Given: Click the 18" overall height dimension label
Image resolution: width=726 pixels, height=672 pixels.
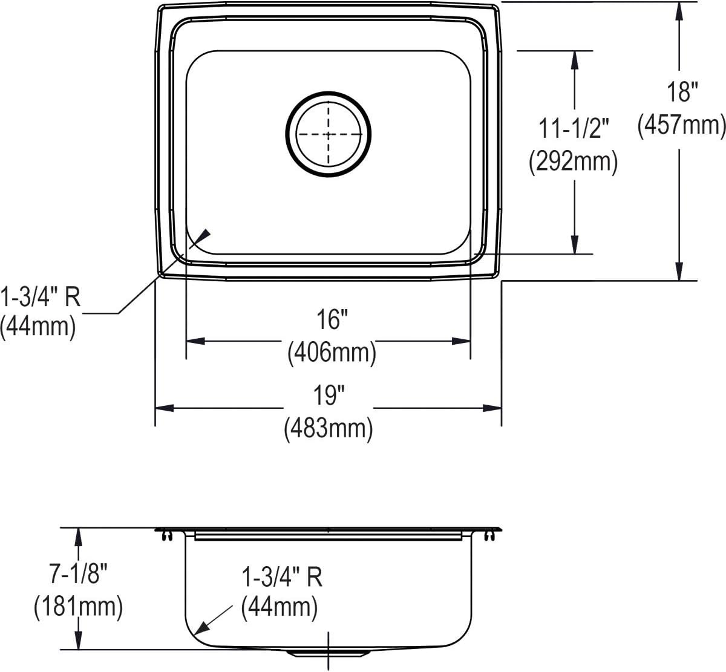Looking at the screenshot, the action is point(682,92).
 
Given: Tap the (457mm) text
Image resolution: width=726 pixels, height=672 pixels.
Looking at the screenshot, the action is point(681,126).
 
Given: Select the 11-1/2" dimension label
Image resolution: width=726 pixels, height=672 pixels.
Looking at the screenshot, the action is point(574,128).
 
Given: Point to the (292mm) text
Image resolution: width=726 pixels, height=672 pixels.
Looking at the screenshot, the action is point(573,162).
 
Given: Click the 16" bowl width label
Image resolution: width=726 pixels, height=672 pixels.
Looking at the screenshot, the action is point(332,319).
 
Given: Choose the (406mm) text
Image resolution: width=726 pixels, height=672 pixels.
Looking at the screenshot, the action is point(332,353).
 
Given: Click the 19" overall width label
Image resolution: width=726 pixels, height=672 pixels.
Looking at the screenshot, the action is point(329,395).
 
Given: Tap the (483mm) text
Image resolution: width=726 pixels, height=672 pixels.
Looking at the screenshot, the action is point(329,429).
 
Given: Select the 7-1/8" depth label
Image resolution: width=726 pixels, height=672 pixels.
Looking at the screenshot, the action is point(78,573).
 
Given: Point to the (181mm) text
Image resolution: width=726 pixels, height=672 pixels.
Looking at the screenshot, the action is point(78,607).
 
